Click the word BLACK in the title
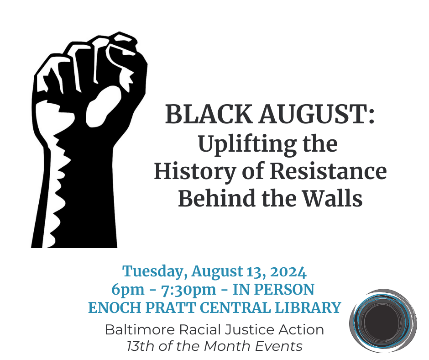coord(209,114)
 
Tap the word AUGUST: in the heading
coord(317,114)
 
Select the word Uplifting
coord(248,144)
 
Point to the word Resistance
coord(328,171)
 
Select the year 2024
coord(288,271)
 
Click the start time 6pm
coord(128,290)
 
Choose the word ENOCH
coord(115,307)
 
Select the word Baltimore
coord(140,329)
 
